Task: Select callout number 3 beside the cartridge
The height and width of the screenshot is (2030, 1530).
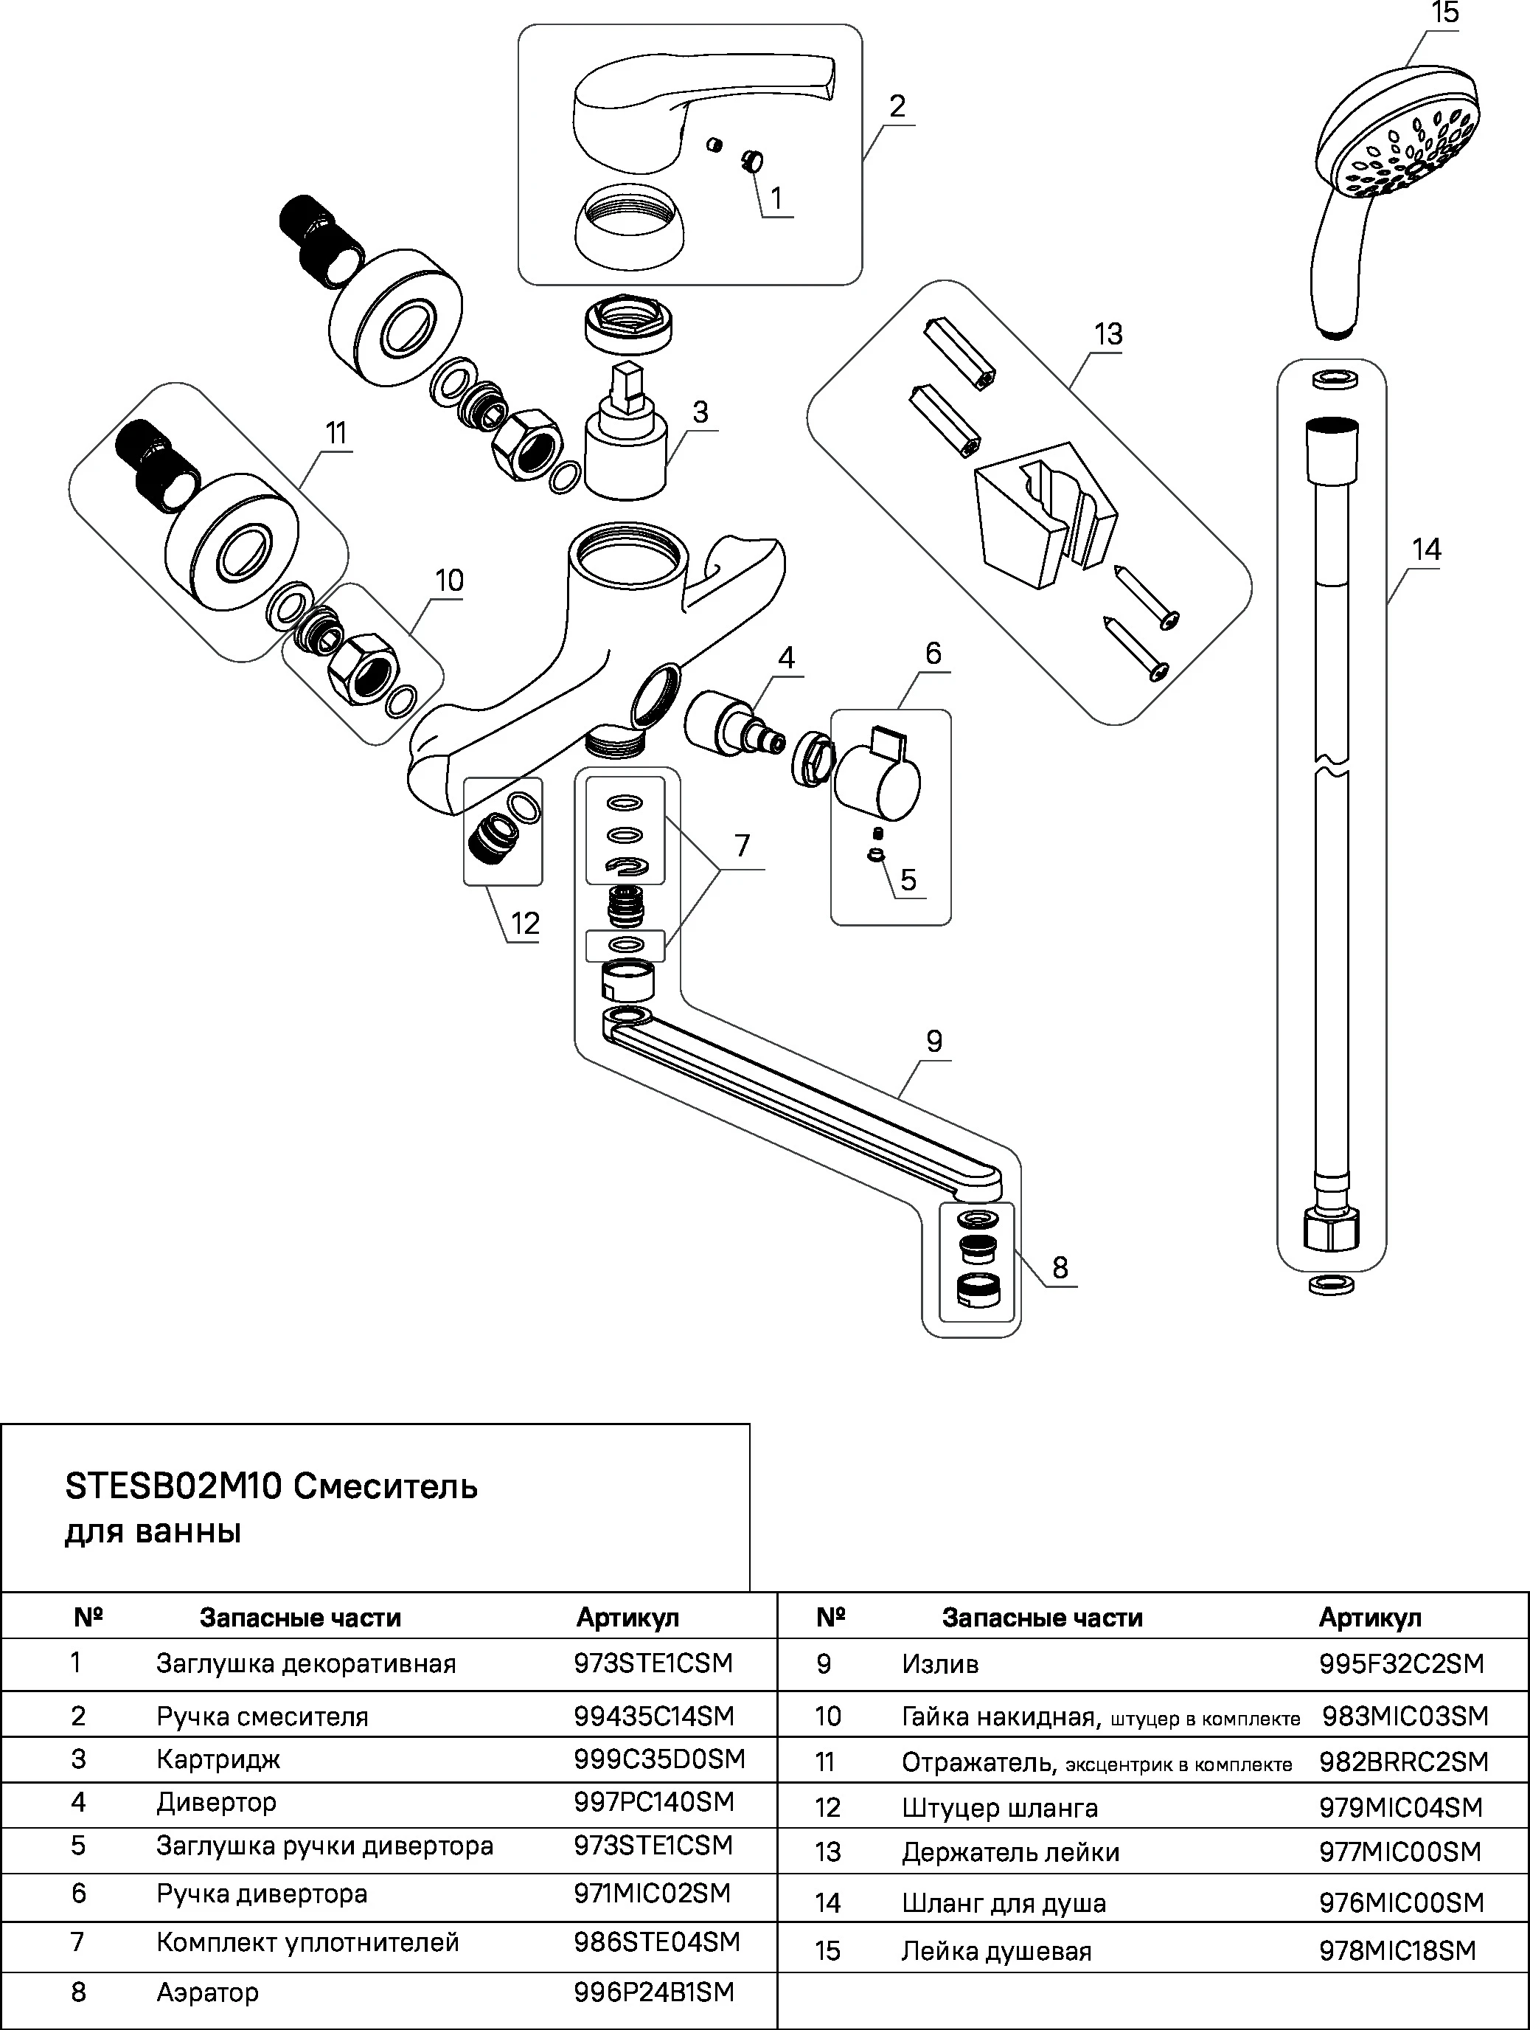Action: tap(700, 412)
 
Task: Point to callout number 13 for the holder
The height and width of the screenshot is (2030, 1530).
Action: tap(1108, 334)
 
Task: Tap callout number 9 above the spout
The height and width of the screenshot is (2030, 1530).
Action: tap(933, 1041)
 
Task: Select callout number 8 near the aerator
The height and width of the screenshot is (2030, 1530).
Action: tap(1060, 1267)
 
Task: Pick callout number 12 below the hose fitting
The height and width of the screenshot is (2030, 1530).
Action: tap(525, 924)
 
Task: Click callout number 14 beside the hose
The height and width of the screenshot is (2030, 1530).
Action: tap(1426, 550)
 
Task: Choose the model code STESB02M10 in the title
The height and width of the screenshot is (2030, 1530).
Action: tap(173, 1486)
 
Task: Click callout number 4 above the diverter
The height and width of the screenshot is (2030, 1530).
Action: tap(786, 657)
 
